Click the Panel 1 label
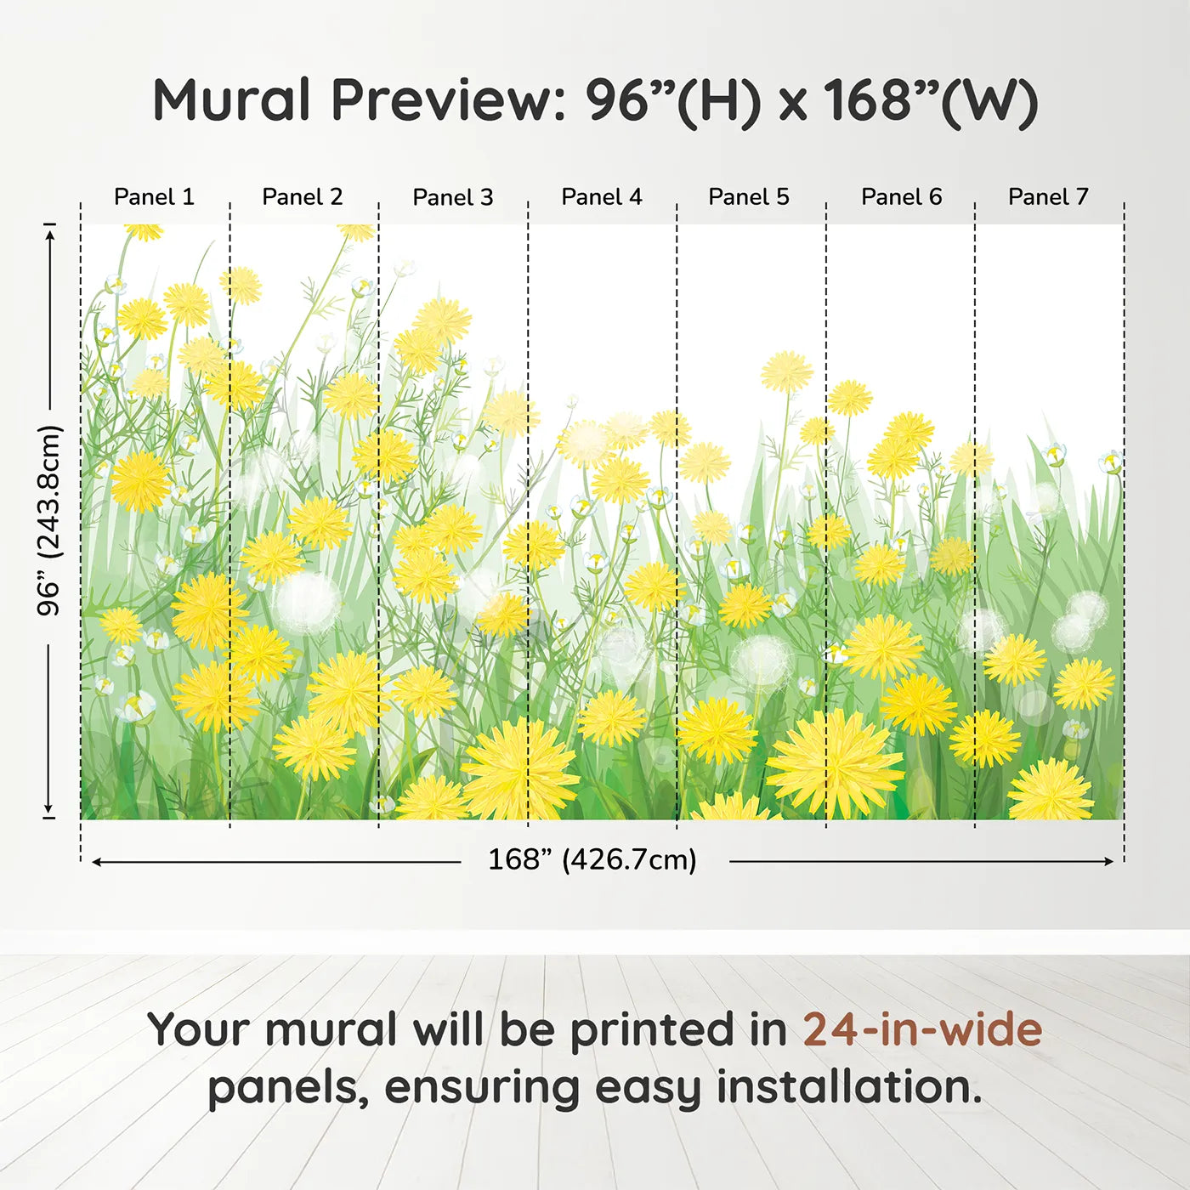154,197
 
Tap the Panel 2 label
302,197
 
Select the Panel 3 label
453,197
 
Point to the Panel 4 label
602,197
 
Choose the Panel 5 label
749,197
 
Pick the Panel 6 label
902,197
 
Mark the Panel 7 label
1048,197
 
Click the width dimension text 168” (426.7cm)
592,859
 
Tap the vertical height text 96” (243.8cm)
49,520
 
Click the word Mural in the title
231,100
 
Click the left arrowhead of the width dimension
96,862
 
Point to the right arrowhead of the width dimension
1109,861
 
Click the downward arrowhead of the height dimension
49,809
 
